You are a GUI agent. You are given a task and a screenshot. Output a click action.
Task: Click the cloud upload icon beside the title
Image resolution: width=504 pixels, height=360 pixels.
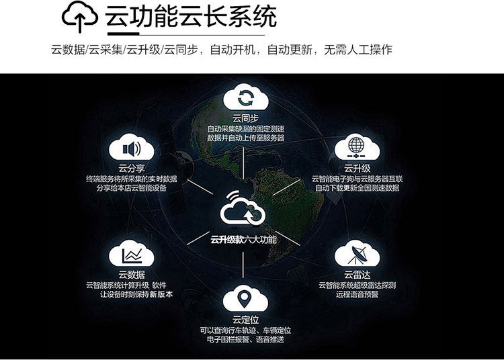click(x=80, y=19)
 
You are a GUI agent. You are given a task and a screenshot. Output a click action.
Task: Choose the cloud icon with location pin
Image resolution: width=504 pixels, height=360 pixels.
click(x=245, y=297)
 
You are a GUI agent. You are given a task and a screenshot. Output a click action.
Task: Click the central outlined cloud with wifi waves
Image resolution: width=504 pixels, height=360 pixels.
click(x=243, y=211)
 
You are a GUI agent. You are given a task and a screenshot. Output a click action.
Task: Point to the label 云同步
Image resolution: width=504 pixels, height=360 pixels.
click(x=245, y=118)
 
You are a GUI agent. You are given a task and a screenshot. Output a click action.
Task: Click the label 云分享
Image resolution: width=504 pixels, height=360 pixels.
click(x=131, y=168)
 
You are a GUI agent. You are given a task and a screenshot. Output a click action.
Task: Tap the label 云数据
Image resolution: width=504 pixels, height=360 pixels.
click(x=131, y=274)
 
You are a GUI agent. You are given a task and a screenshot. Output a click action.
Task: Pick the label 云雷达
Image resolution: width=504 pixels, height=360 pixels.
click(x=357, y=274)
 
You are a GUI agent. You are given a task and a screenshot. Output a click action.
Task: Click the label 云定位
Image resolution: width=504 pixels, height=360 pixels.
click(x=245, y=318)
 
